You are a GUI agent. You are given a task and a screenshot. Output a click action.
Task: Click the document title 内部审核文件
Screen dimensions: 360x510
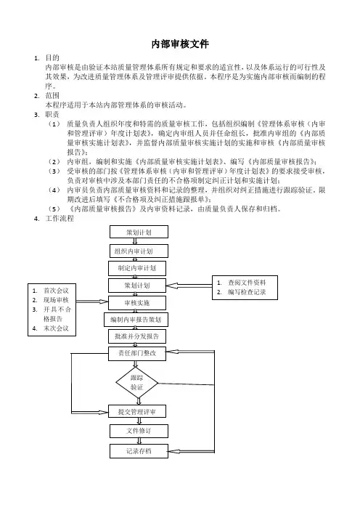[x=180, y=44]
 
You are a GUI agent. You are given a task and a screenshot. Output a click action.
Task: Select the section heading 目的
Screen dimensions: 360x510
[x=52, y=58]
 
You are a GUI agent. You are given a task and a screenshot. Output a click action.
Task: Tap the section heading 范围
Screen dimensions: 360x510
[x=52, y=96]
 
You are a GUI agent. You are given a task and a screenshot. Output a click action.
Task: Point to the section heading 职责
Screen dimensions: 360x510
[x=52, y=115]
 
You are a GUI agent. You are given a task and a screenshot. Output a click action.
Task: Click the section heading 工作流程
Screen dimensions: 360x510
[x=60, y=218]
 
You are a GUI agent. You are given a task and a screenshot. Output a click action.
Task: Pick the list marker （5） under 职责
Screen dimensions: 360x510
[x=54, y=209]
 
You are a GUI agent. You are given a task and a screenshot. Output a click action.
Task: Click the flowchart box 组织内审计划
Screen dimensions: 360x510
[x=139, y=251]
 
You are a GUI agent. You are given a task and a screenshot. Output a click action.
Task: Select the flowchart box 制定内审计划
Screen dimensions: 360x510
[x=137, y=268]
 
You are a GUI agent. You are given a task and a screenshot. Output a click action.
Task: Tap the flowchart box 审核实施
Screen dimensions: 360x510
[x=137, y=303]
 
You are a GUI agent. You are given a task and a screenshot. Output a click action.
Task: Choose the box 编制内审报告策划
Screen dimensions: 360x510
[x=136, y=320]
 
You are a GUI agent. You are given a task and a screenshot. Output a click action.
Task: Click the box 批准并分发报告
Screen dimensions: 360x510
[x=137, y=336]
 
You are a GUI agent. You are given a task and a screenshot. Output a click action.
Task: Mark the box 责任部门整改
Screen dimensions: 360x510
[x=137, y=354]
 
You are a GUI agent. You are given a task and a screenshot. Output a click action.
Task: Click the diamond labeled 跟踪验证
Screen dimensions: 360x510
[x=136, y=383]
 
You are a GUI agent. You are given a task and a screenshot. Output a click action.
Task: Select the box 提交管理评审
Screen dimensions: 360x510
[x=137, y=411]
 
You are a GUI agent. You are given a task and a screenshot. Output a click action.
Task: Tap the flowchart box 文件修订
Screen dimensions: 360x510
[x=139, y=431]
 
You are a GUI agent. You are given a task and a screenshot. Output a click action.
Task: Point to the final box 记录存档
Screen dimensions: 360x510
[x=139, y=451]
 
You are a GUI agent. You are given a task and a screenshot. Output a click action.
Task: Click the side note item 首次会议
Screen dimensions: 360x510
[x=56, y=291]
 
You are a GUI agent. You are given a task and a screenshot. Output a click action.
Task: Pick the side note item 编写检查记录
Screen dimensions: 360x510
[x=247, y=292]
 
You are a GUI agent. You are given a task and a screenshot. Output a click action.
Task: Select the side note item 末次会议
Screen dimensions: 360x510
[x=56, y=328]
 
